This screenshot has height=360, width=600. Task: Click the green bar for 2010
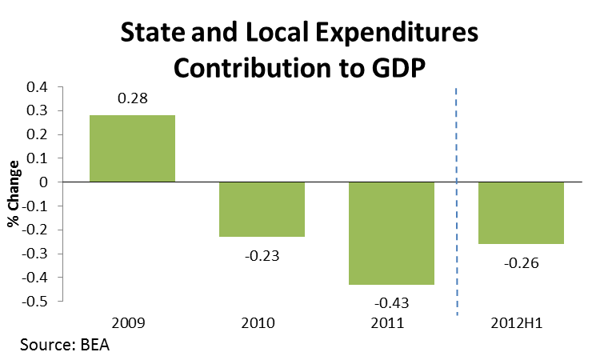tap(262, 210)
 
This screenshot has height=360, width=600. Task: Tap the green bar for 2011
tap(390, 234)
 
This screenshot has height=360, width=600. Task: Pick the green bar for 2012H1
tap(522, 213)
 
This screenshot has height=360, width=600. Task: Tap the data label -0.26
tap(522, 262)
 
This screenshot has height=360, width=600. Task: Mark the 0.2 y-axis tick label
tap(38, 134)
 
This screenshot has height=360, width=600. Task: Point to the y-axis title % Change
tap(14, 194)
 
